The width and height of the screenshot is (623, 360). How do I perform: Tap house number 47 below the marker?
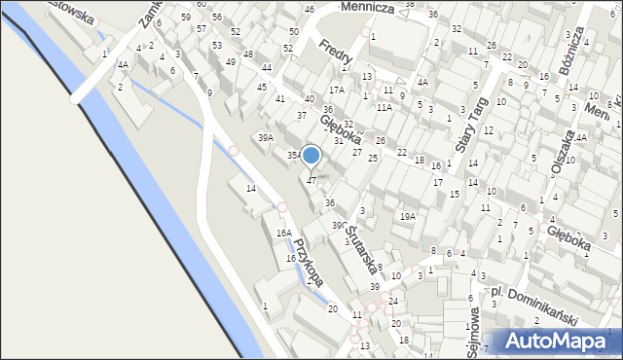click(x=311, y=180)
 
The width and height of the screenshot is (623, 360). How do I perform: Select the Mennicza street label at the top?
click(x=366, y=7)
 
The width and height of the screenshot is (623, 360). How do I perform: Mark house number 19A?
click(x=408, y=217)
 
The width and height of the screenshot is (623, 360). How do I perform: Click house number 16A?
click(x=283, y=234)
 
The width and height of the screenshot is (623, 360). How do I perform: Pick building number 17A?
click(x=336, y=90)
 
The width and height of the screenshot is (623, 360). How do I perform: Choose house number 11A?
click(x=384, y=107)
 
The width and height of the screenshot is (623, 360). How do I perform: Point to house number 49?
click(x=231, y=62)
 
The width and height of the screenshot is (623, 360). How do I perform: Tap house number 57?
click(x=202, y=29)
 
